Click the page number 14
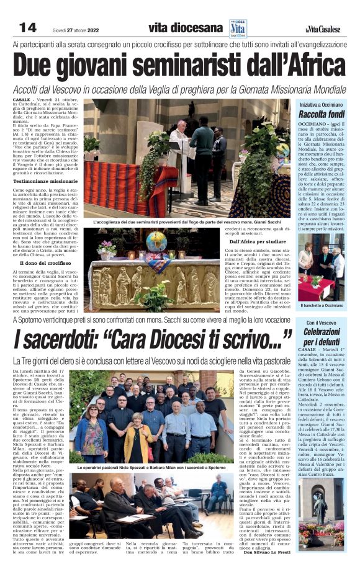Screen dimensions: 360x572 tap(28, 27)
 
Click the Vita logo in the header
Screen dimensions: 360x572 tap(238, 29)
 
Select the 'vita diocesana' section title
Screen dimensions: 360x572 tap(185, 28)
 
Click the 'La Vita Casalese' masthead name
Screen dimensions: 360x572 tap(323, 29)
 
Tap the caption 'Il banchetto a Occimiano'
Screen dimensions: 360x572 tap(321, 305)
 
